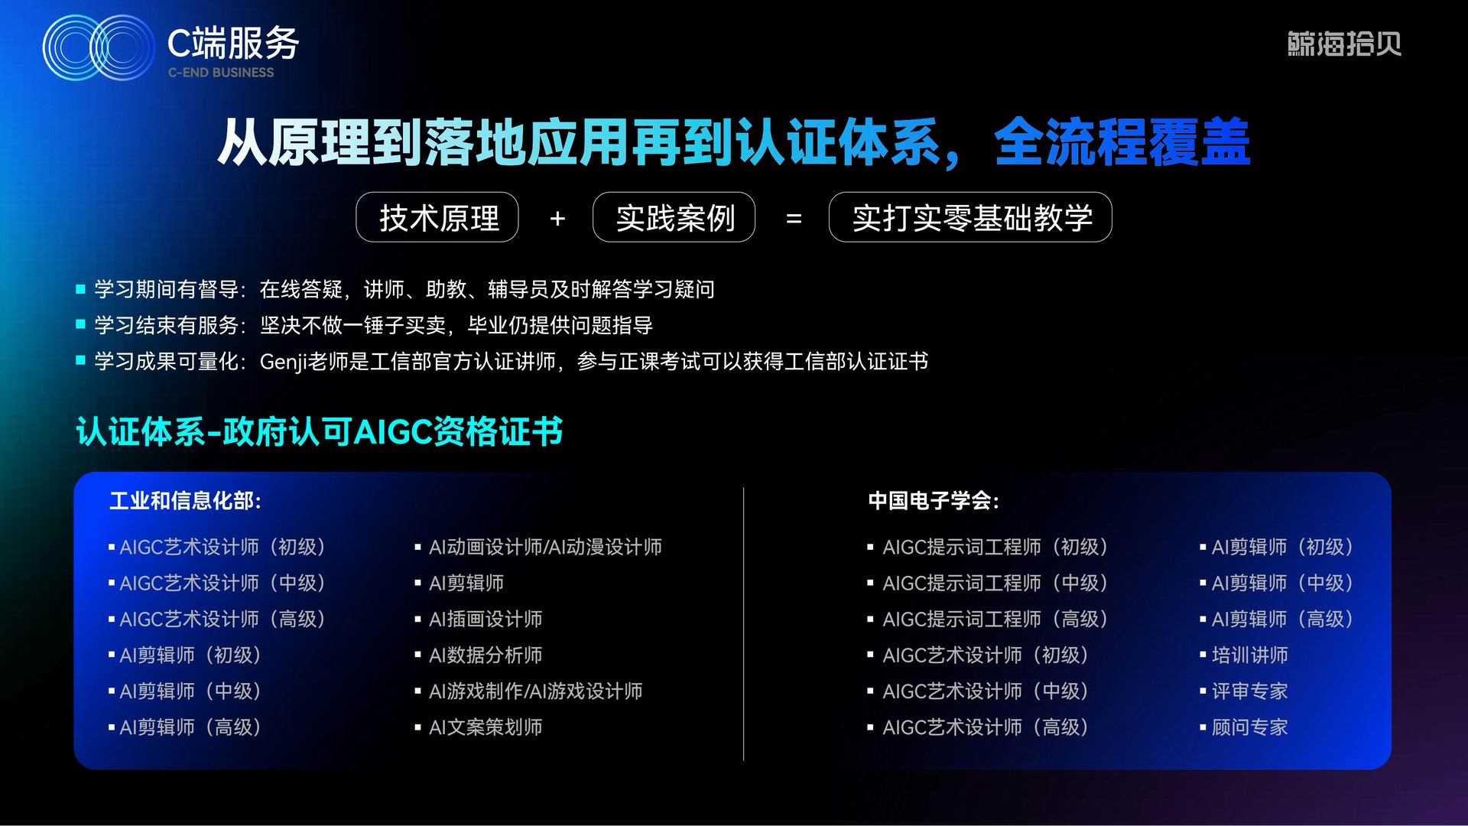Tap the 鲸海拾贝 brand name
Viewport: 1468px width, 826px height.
coord(1344,44)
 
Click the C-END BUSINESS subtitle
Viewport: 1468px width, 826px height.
coord(221,73)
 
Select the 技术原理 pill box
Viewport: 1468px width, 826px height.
coord(437,217)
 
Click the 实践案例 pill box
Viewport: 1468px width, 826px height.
coord(674,217)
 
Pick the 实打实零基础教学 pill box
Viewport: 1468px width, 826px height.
coord(970,217)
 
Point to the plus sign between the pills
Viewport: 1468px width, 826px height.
coord(557,219)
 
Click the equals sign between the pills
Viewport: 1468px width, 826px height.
coord(794,219)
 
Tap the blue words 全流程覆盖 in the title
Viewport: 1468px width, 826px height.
coord(1122,142)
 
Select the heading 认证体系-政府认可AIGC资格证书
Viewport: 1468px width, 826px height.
coord(320,431)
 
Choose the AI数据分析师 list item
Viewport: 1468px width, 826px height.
coord(486,655)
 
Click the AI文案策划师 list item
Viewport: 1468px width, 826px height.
coord(486,727)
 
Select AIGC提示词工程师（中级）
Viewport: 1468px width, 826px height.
coord(996,584)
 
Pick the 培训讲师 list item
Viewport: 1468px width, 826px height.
coord(1249,655)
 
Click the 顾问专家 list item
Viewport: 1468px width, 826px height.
coord(1249,727)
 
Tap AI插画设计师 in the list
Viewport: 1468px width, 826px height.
coord(486,619)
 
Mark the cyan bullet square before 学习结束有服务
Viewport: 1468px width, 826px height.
coord(80,325)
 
